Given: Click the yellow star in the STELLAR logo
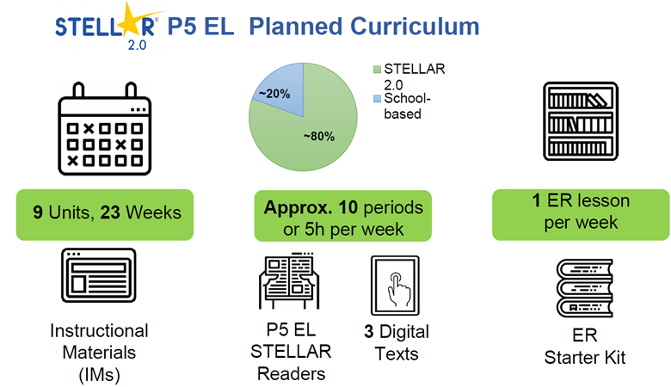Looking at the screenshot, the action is click(x=125, y=21).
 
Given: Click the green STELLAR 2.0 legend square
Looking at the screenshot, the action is click(x=377, y=70).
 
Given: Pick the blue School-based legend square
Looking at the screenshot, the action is click(x=377, y=99).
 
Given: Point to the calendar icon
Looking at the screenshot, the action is click(x=104, y=129).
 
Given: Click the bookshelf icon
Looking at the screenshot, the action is click(x=581, y=121).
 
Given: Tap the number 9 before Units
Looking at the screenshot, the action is click(x=38, y=212).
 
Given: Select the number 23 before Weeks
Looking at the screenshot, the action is click(x=110, y=212).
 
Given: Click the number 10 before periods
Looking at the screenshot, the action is click(x=348, y=207).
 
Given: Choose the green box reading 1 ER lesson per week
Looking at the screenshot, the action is click(x=581, y=215).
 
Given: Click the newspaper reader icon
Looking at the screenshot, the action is click(x=289, y=280).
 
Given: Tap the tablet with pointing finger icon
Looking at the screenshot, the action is click(x=395, y=286).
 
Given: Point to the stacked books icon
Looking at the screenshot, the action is click(x=585, y=288).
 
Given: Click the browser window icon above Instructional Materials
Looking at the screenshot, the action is click(x=99, y=275).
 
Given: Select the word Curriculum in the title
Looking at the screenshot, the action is click(x=416, y=27).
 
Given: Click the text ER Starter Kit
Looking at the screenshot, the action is click(x=585, y=347).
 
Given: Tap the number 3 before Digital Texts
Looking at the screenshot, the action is click(x=369, y=332).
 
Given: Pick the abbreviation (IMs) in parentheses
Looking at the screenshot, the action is click(x=99, y=375).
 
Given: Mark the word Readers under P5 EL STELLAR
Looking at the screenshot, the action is click(x=291, y=374).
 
